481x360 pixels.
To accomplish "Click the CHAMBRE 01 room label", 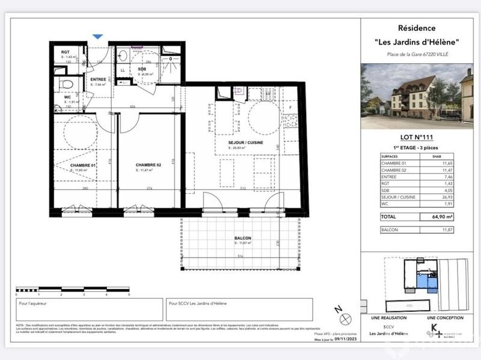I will pyautogui.click(x=83, y=165).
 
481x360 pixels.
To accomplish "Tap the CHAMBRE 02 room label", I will pyautogui.click(x=147, y=165).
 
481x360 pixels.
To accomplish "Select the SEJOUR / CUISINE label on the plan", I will pyautogui.click(x=240, y=142).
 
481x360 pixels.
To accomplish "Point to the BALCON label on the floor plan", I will pyautogui.click(x=243, y=239).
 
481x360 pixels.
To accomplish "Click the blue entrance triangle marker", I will pyautogui.click(x=96, y=37).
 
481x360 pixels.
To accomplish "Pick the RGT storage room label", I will pyautogui.click(x=66, y=52).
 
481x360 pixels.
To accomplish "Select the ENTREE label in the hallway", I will pyautogui.click(x=98, y=79).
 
